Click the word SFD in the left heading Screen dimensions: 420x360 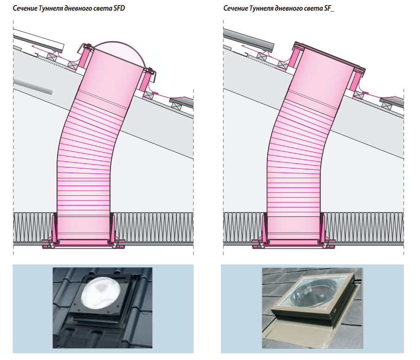pyautogui.click(x=119, y=8)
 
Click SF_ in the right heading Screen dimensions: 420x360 pyautogui.click(x=329, y=8)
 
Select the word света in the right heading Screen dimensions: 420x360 pyautogui.click(x=315, y=8)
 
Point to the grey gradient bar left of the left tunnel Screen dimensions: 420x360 pyautogui.click(x=32, y=86)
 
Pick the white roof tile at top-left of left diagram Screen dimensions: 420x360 pyautogui.click(x=39, y=40)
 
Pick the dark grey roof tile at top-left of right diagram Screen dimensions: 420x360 pyautogui.click(x=249, y=40)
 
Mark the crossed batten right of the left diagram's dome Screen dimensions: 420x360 pyautogui.click(x=148, y=95)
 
